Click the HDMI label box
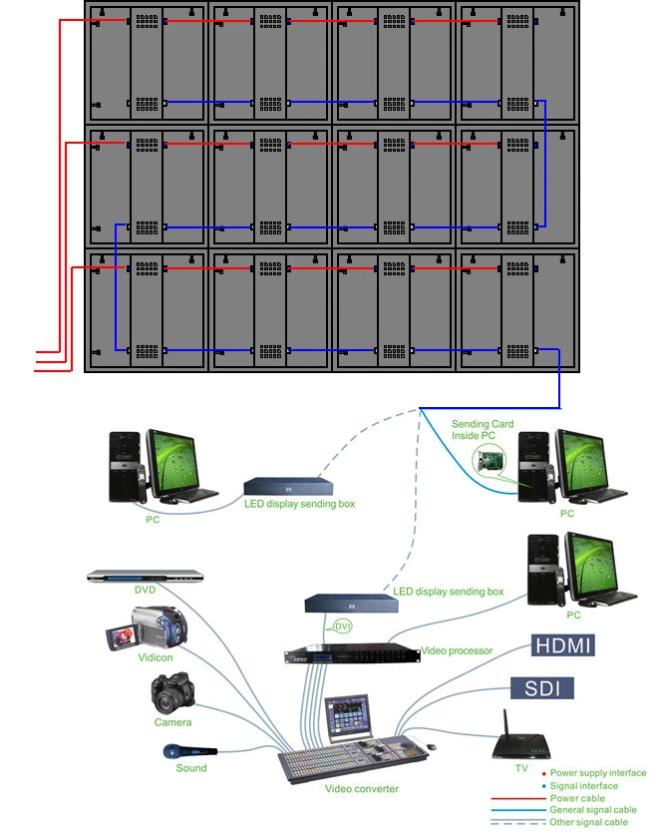563,645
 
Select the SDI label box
542,687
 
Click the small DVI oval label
342,626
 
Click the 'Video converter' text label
361,789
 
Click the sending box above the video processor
345,602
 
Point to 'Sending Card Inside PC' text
484,430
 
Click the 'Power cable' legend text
577,798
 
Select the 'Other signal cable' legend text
589,822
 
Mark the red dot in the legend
543,773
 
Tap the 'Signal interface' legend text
584,786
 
